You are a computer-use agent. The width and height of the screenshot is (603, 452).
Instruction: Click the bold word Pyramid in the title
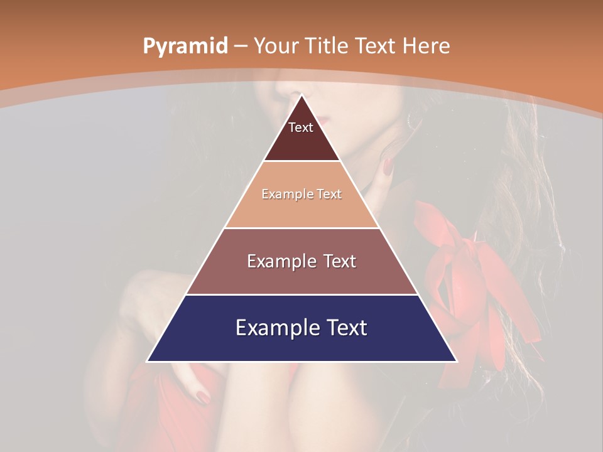pos(185,46)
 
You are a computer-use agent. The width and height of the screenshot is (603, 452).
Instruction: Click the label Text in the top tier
pos(301,127)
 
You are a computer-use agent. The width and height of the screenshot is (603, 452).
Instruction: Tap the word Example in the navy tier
pos(273,328)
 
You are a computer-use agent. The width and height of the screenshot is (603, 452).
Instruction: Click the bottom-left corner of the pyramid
pos(148,361)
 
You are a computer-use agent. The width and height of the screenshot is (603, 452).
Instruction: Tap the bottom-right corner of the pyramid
pos(456,361)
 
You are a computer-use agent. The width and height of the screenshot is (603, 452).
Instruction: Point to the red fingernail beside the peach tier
pos(388,167)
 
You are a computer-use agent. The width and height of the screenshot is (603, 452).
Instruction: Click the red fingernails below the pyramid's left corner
pos(203,396)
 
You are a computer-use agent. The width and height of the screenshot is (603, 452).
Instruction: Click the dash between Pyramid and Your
pos(241,46)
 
